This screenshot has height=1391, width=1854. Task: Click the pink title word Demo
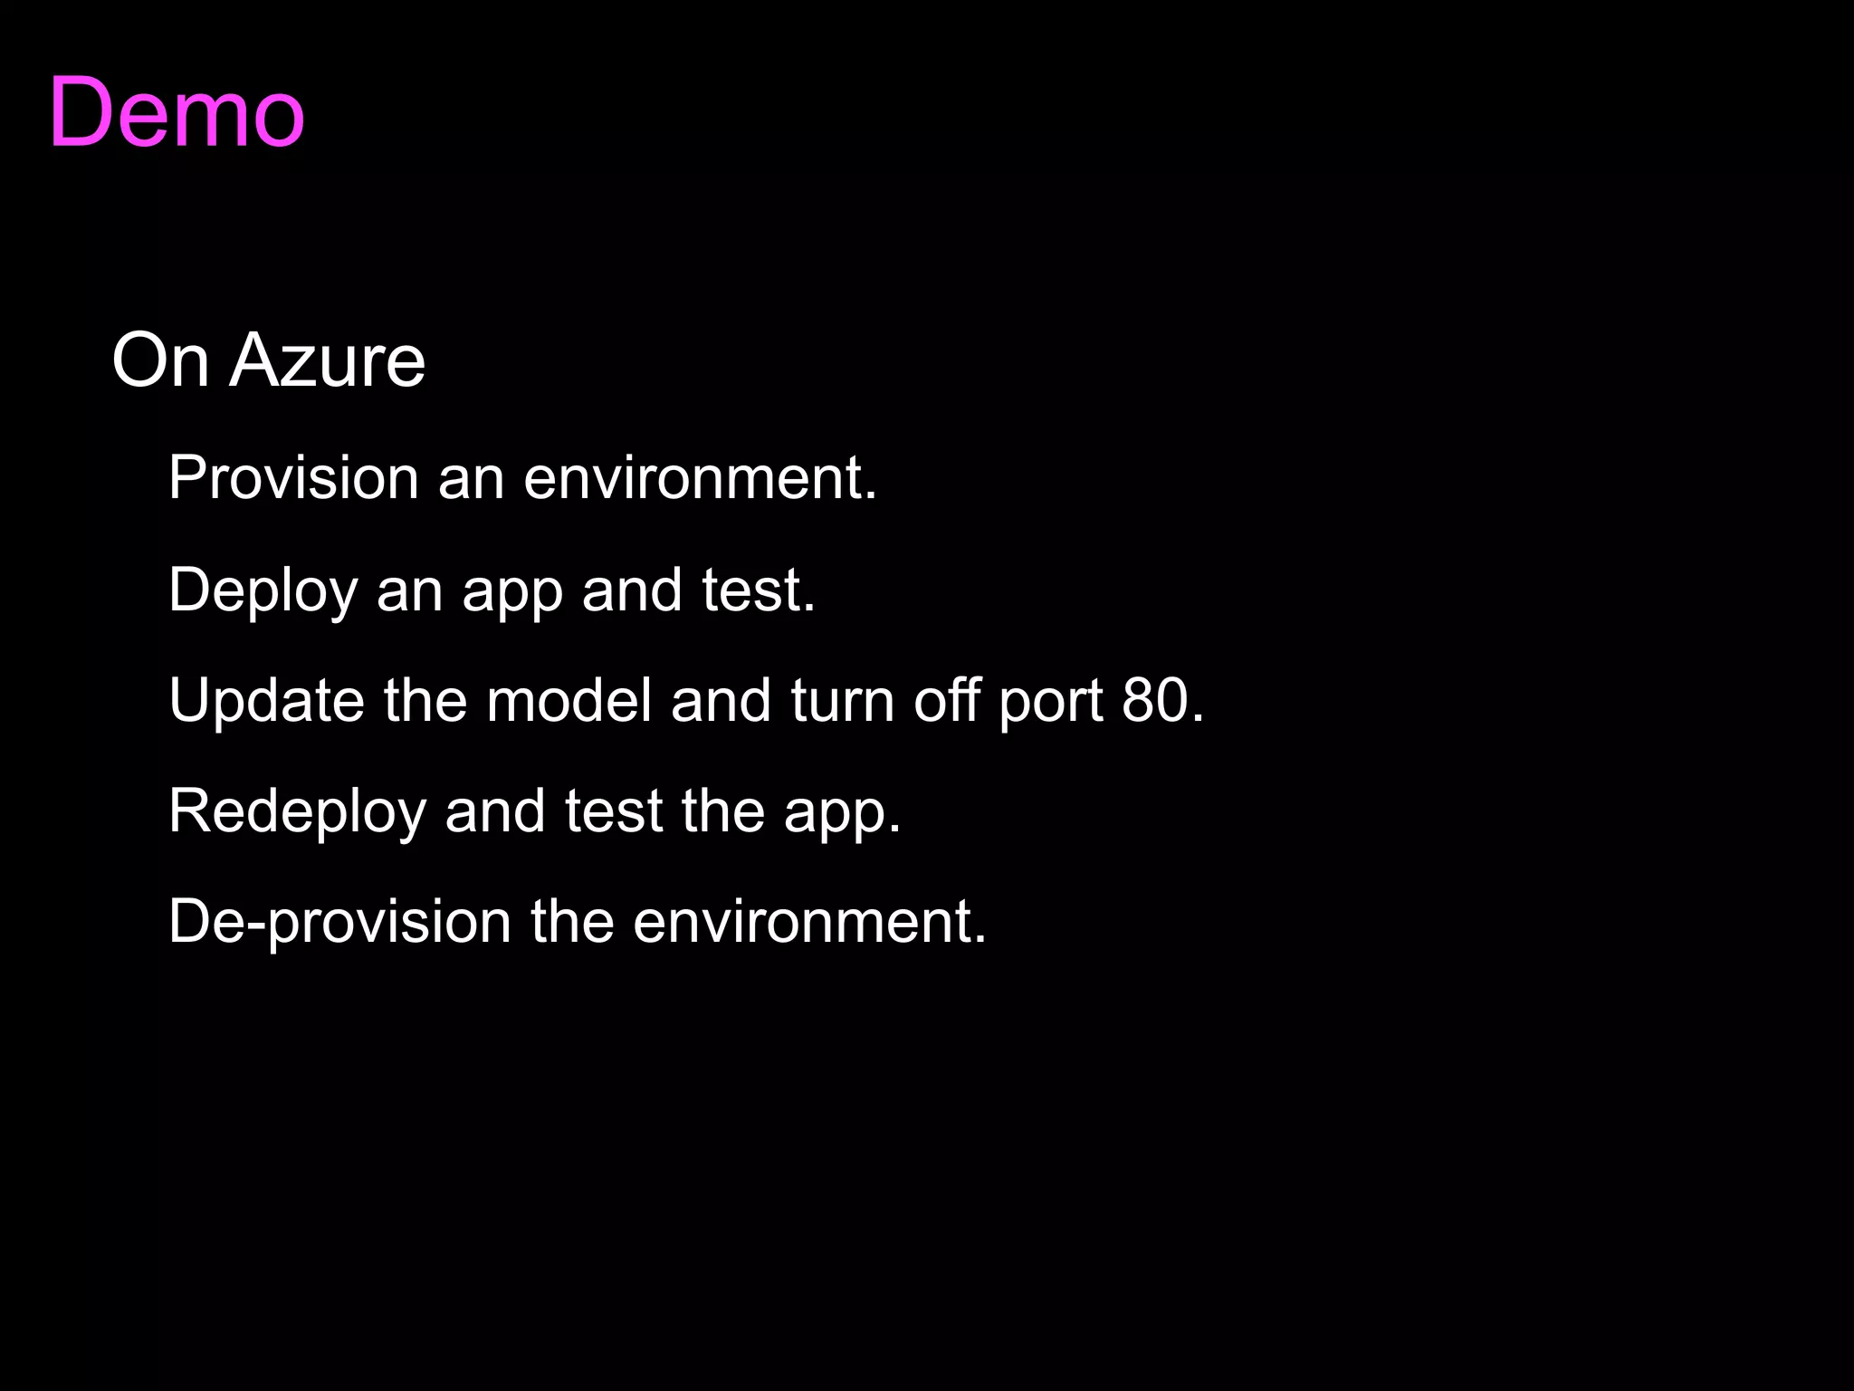(x=177, y=112)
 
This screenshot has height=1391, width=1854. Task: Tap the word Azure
(x=327, y=360)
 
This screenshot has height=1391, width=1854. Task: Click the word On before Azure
(x=160, y=360)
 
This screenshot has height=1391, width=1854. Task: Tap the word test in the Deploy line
(x=758, y=590)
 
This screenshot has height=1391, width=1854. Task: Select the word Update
(x=266, y=700)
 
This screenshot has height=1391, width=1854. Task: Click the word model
(x=569, y=700)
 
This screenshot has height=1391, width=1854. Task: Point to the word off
(x=946, y=700)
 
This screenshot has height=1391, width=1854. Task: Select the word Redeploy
(x=297, y=811)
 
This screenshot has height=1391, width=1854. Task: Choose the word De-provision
(x=339, y=922)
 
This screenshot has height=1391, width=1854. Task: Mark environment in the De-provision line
(x=808, y=922)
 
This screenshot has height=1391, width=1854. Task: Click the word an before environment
(x=471, y=479)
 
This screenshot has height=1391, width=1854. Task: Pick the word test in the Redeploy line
(x=614, y=811)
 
